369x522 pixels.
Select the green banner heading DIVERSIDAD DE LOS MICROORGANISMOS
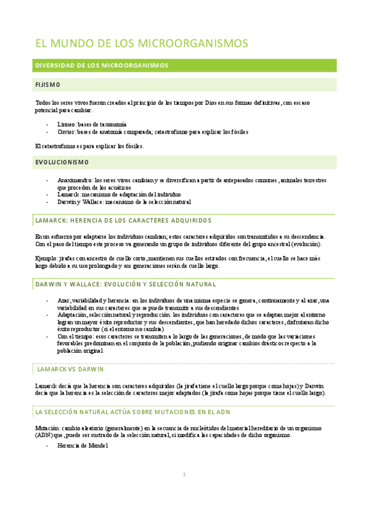click(102, 65)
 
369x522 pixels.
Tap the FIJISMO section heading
click(47, 84)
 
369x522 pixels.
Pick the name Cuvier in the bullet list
click(66, 131)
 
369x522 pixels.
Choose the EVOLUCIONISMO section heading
click(62, 163)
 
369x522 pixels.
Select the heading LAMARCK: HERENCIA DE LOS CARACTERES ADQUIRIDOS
click(123, 220)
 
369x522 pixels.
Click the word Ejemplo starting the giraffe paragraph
click(47, 259)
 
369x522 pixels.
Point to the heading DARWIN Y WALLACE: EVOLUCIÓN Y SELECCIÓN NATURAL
click(125, 284)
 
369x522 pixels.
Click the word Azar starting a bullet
click(63, 300)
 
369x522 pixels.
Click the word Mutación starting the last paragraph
click(49, 428)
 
